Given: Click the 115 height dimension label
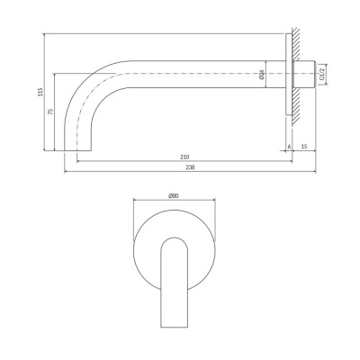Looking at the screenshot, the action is coord(40,92).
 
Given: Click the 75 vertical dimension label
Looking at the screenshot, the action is coord(50,112).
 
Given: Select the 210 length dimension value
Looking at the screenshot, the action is coord(184,157).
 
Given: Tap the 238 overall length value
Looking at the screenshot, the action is coord(190,167).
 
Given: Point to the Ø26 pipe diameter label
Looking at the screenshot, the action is coord(261,75).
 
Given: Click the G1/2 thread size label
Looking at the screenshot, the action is coord(322,74).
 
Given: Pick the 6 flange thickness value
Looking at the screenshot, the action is coord(289,147).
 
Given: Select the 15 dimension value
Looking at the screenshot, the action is coord(304,147).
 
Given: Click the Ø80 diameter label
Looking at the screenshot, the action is coord(174,196).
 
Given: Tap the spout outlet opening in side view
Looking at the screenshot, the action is coord(77,150).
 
